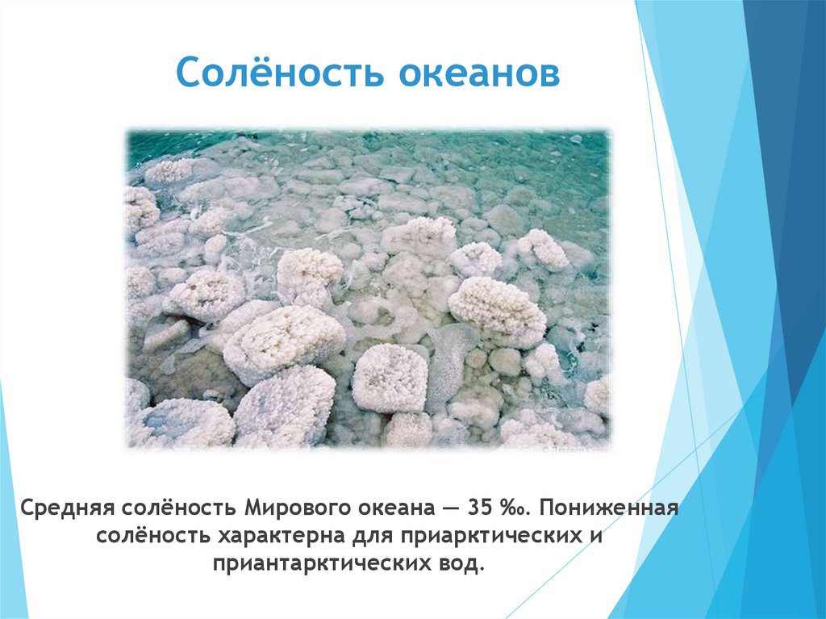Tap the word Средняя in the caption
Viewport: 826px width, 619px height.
point(68,510)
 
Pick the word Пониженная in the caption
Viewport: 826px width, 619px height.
point(609,510)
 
